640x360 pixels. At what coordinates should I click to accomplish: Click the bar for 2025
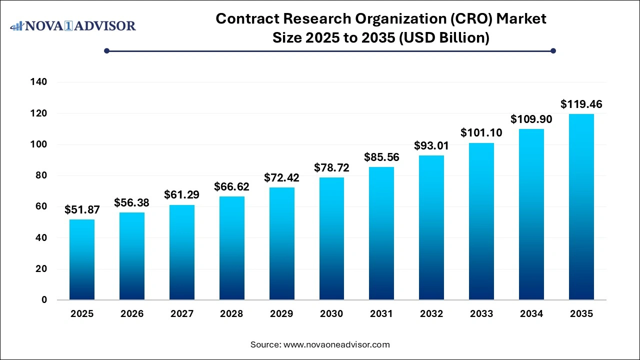click(82, 259)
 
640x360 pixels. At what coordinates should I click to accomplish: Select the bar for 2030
click(331, 238)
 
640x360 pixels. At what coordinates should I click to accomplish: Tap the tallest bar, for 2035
click(581, 207)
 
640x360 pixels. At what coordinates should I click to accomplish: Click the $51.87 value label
click(82, 210)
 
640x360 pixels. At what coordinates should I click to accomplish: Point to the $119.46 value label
click(581, 104)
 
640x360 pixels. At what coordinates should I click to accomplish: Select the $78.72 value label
click(331, 168)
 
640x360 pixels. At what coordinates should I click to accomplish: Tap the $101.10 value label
click(481, 133)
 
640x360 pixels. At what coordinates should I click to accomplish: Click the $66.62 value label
click(231, 187)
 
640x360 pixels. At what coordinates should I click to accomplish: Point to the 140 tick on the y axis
click(39, 82)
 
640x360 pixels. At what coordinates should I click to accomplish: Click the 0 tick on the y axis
click(44, 300)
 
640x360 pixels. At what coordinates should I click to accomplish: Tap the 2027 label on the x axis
click(181, 314)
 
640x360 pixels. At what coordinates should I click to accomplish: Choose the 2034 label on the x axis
click(531, 314)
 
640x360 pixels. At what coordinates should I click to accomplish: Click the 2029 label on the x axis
click(281, 314)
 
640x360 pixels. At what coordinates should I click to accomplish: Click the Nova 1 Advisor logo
click(73, 25)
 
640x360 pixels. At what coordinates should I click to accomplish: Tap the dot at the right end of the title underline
click(553, 50)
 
